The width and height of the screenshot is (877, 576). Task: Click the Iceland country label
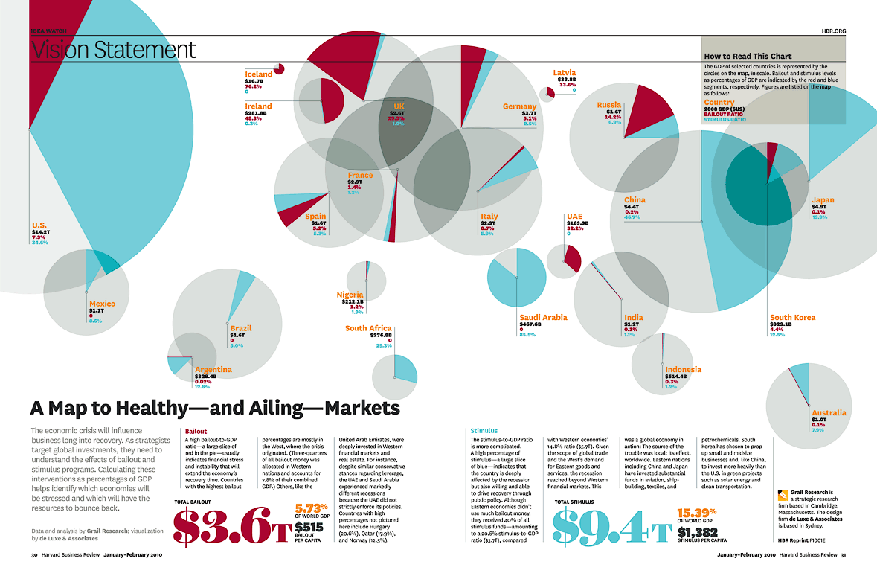[x=258, y=74]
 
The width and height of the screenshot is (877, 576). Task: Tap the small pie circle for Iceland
[x=279, y=69]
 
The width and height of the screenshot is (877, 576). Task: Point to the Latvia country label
[x=565, y=73]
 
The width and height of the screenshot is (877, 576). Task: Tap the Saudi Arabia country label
[x=543, y=317]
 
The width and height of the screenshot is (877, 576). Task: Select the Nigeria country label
[x=350, y=295]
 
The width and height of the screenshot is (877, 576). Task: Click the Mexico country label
[x=102, y=304]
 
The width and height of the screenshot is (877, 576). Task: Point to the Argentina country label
[x=213, y=369]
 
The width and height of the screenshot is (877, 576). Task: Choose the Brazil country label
[x=241, y=327]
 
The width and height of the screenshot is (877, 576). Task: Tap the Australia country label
[x=829, y=412]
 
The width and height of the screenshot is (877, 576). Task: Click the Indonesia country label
[x=683, y=369]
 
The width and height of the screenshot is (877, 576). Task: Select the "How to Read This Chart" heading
[x=748, y=56]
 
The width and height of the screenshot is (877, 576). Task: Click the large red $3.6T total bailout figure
[x=231, y=527]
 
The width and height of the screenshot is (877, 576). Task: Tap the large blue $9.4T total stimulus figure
[x=612, y=528]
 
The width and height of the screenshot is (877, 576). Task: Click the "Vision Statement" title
[x=114, y=50]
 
